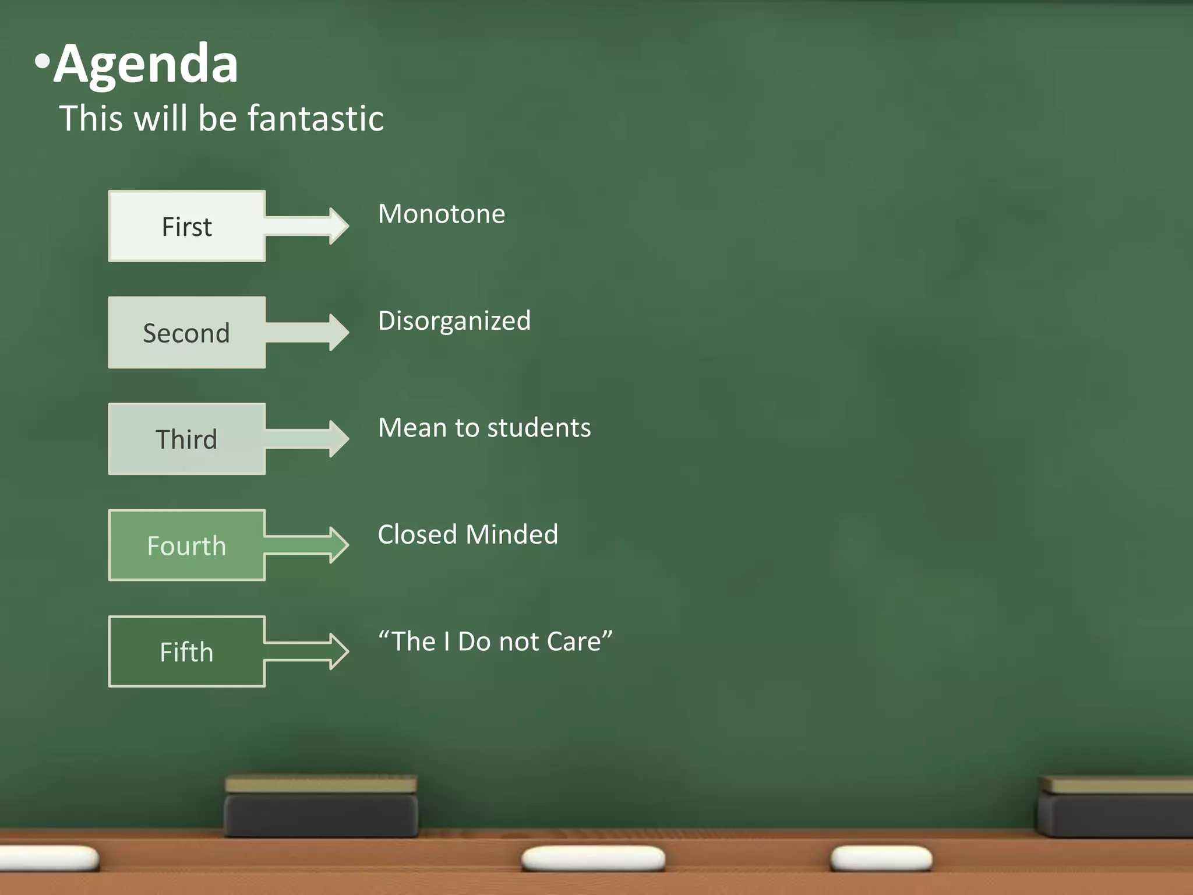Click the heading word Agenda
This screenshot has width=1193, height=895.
point(146,64)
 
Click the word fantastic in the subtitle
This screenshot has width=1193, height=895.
point(316,119)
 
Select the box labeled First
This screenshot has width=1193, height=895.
point(186,226)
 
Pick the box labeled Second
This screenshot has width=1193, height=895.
point(186,333)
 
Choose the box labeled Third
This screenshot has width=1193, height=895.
point(186,439)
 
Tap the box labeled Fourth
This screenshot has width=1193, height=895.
point(186,545)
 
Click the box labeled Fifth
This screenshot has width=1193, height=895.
point(186,651)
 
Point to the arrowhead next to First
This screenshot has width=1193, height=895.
point(338,226)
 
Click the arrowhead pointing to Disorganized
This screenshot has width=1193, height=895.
point(338,333)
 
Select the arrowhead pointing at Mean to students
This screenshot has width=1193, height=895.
point(338,439)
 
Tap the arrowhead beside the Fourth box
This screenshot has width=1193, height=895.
point(338,545)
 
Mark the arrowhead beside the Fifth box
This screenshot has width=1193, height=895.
point(338,651)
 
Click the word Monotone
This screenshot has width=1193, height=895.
point(442,214)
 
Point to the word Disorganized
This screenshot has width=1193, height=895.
point(454,321)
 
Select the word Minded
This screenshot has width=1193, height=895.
point(512,535)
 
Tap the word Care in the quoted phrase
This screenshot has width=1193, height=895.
point(577,642)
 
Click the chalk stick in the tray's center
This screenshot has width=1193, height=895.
point(593,859)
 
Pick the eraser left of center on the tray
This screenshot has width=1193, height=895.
point(321,807)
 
